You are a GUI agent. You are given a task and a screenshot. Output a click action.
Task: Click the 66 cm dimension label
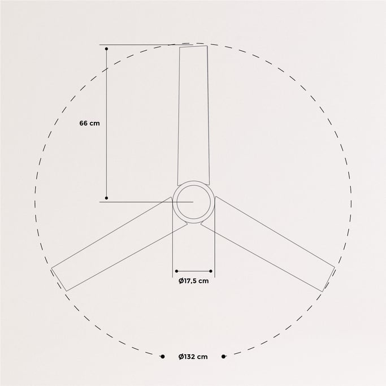click(89, 123)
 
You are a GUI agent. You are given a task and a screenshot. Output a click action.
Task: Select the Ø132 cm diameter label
click(193, 357)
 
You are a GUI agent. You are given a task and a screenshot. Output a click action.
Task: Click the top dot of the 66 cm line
click(107, 49)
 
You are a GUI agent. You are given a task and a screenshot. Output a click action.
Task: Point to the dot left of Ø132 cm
click(162, 357)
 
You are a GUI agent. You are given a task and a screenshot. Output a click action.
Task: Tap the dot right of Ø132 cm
click(224, 357)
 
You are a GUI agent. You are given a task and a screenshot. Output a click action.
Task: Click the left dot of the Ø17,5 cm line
click(176, 271)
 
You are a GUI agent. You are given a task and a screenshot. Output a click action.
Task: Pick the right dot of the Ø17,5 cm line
click(212, 271)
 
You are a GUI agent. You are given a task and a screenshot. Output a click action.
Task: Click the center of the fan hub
click(193, 202)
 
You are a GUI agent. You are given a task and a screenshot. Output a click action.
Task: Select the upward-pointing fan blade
click(193, 113)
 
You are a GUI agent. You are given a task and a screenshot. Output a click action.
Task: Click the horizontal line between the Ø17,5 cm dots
click(194, 271)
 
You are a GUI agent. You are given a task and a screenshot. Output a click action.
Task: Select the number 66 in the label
click(84, 123)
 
